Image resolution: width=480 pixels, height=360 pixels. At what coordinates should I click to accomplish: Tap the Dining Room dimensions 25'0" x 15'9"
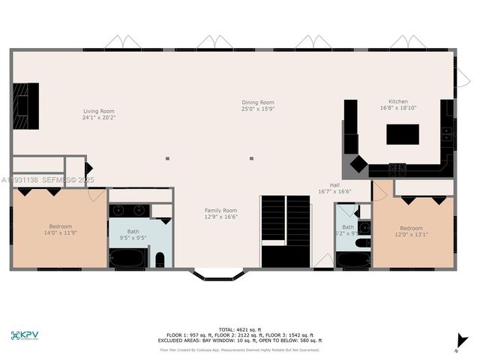click(x=257, y=109)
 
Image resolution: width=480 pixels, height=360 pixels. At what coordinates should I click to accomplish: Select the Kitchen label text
click(x=398, y=101)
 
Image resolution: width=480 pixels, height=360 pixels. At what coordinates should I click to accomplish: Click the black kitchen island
click(x=402, y=133)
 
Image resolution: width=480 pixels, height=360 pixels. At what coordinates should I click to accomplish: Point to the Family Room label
click(x=220, y=211)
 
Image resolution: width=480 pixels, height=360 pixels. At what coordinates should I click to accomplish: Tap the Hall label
click(x=334, y=185)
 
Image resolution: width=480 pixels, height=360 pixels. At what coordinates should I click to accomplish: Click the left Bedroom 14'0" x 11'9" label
click(x=61, y=229)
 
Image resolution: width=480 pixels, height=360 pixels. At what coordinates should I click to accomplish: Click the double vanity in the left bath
click(x=130, y=210)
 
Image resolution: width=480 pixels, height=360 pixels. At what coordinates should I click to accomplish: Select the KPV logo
click(x=26, y=334)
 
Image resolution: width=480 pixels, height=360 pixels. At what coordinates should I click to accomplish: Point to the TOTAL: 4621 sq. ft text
click(x=239, y=329)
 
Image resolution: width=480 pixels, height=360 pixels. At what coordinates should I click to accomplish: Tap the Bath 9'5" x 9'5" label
click(x=133, y=234)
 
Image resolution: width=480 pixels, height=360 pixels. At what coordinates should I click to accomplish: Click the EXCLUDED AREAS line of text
click(x=239, y=341)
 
